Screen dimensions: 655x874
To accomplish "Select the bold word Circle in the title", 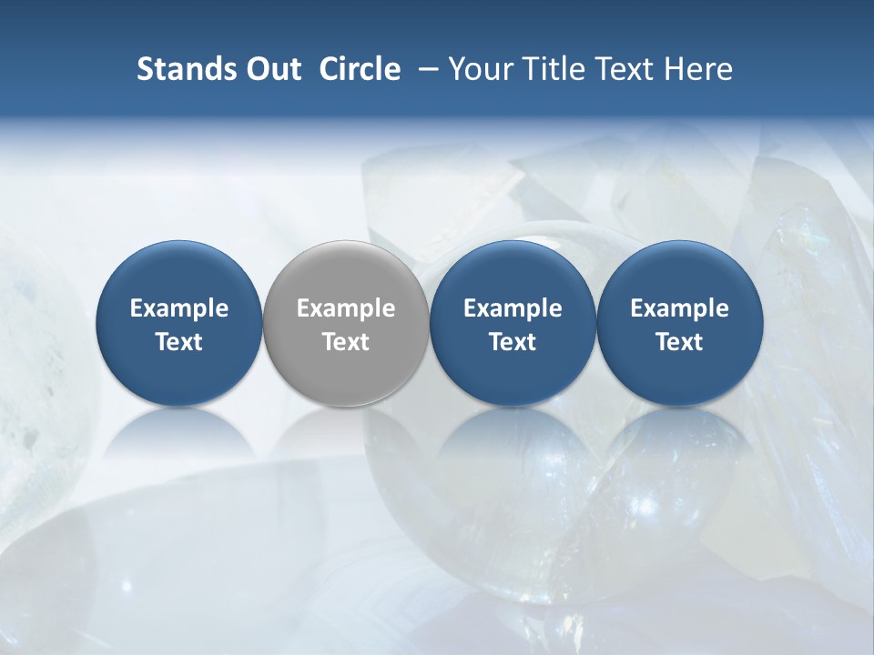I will [x=360, y=69].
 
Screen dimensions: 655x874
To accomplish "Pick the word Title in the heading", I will [x=553, y=69].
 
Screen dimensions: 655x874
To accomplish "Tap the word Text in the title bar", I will [x=624, y=69].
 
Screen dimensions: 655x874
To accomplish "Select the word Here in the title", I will [x=698, y=69].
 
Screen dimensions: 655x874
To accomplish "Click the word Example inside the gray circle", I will [x=346, y=308].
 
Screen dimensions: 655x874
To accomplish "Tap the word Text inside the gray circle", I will [x=346, y=342].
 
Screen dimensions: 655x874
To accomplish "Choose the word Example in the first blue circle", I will [x=179, y=308].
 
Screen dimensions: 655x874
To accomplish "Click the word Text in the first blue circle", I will [x=179, y=342].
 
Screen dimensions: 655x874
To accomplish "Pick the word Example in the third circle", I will [x=513, y=308].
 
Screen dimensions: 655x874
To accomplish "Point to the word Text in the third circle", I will [x=513, y=342].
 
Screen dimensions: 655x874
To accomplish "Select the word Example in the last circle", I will [x=679, y=308].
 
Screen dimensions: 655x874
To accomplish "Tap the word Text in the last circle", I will [x=679, y=342].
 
